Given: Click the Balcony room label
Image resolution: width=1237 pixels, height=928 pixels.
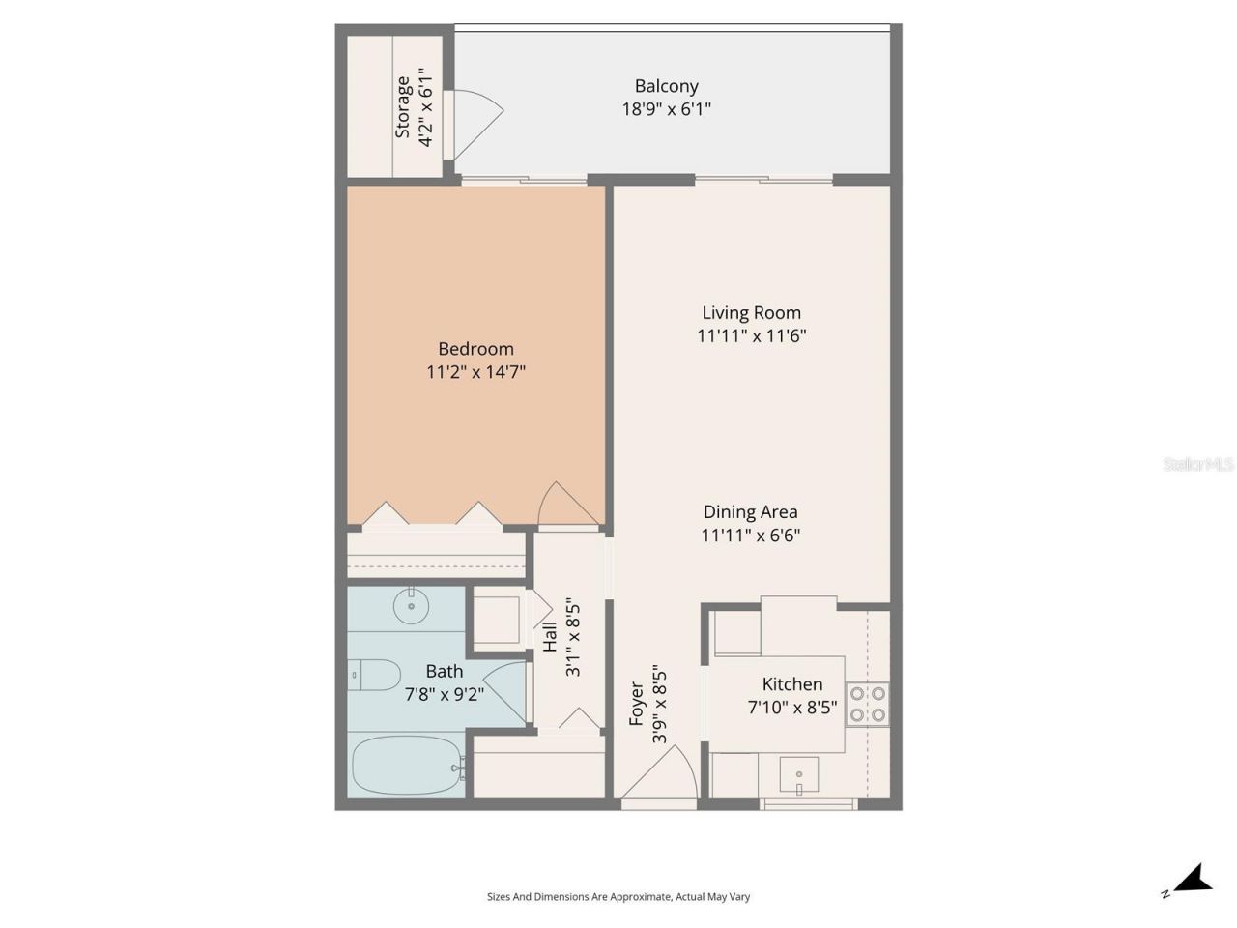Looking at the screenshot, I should (x=666, y=86).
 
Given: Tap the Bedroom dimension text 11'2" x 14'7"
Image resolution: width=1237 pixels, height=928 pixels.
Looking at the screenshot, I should (x=475, y=372).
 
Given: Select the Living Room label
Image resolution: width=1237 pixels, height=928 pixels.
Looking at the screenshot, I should (x=751, y=312).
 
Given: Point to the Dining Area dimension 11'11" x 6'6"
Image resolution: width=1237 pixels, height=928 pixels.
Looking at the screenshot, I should (x=751, y=536).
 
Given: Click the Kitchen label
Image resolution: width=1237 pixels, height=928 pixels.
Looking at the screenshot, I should (x=791, y=684).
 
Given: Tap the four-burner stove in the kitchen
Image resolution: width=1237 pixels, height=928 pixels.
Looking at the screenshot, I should (x=868, y=705).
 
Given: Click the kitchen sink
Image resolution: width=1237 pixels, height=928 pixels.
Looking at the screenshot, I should (x=799, y=775).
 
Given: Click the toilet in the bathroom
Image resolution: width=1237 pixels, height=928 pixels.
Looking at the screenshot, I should (x=374, y=675).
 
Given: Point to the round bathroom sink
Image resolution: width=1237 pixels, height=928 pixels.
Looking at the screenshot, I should (x=412, y=606).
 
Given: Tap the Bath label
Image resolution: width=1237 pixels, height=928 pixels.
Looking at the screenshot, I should (x=444, y=671).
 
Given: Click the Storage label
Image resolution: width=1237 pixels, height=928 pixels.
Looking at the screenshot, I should (x=403, y=107).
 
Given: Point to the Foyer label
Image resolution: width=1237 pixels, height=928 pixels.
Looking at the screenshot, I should (x=637, y=703).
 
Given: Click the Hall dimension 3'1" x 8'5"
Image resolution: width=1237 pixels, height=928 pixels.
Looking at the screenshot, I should (x=573, y=638).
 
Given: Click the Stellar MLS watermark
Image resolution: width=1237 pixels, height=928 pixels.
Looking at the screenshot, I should (x=1198, y=465).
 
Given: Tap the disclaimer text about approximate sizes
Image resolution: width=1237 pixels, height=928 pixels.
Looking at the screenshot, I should (x=618, y=897).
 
